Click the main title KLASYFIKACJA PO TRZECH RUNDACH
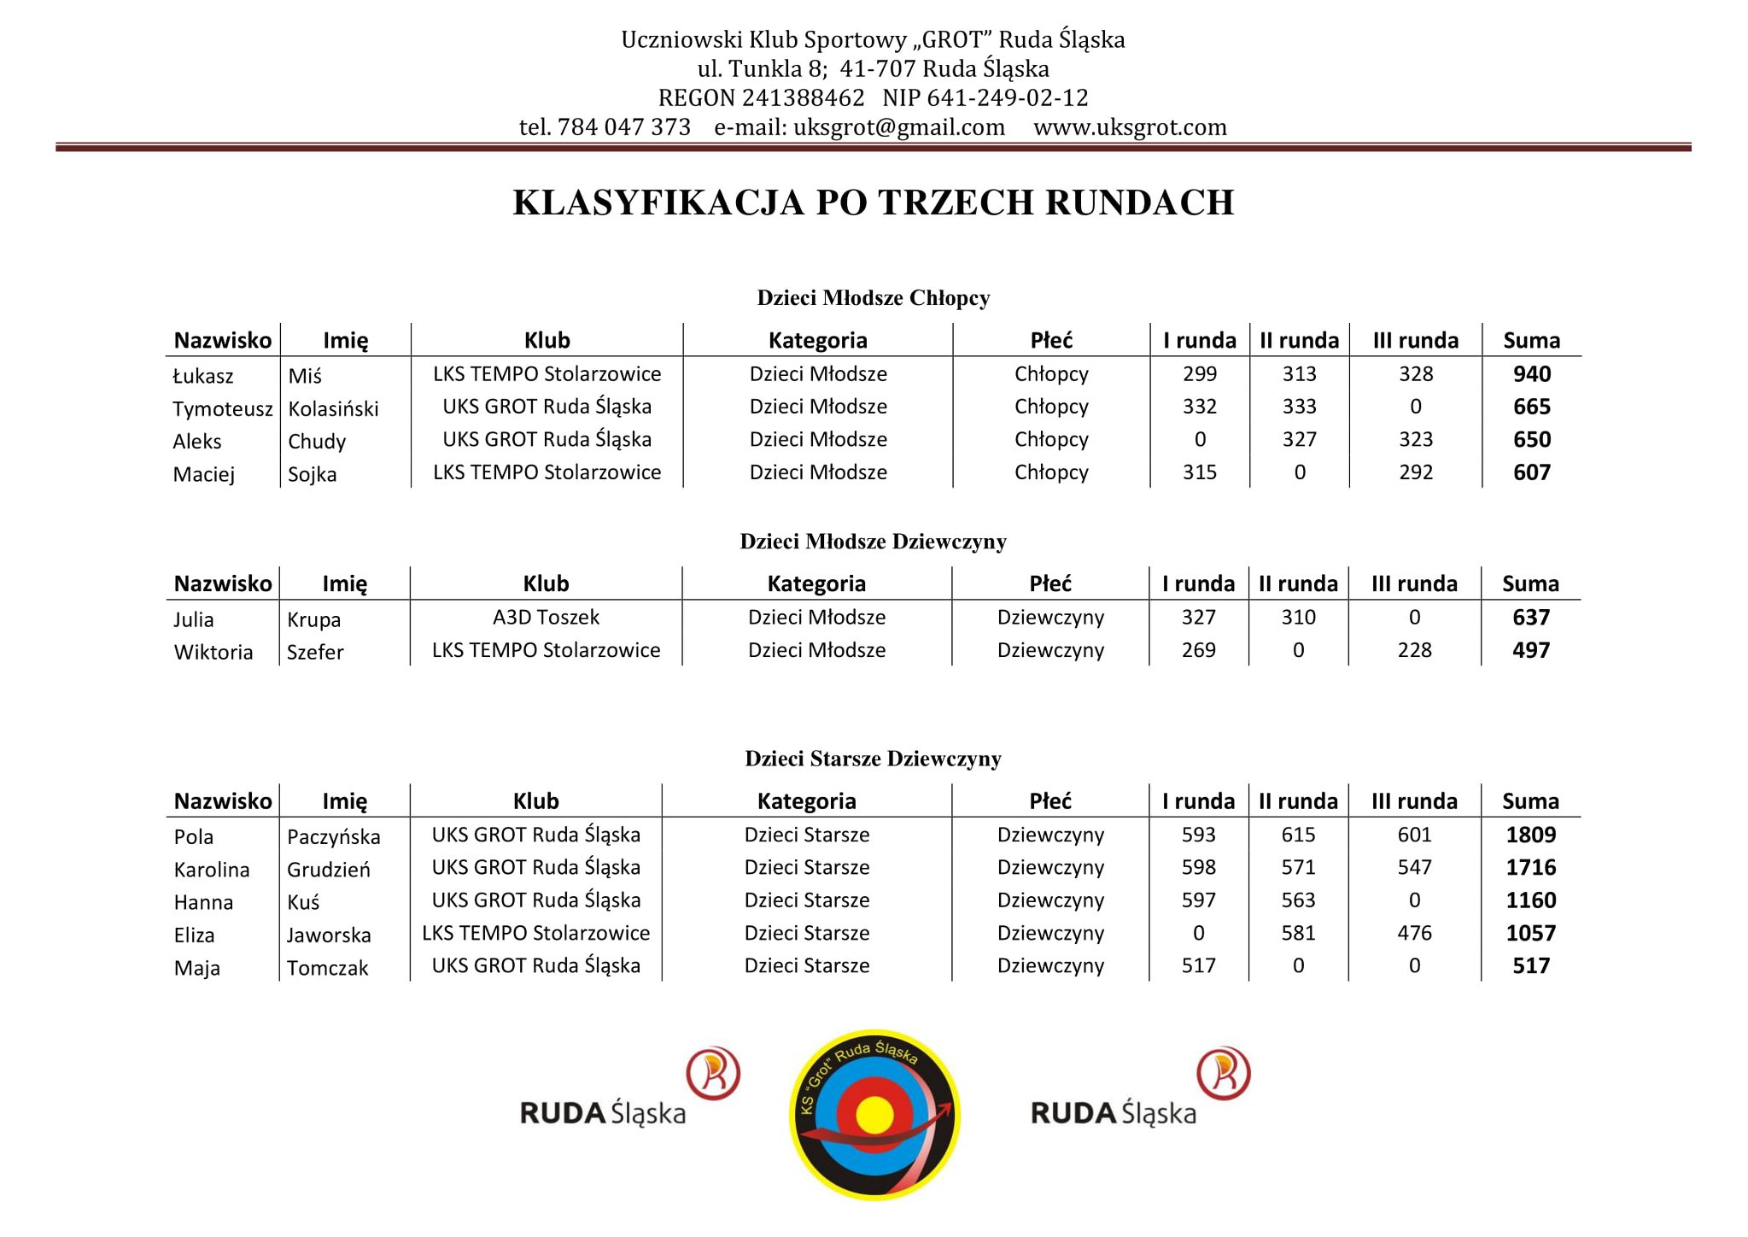[873, 202]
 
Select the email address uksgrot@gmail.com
[898, 127]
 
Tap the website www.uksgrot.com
[1129, 127]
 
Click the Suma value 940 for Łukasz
[1531, 374]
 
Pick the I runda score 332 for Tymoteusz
[1199, 407]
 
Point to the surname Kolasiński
[333, 409]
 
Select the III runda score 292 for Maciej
[1415, 472]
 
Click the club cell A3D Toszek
[546, 617]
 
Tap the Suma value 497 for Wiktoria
[1530, 650]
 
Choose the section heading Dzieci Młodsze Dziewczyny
[873, 542]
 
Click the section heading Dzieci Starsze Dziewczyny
[873, 759]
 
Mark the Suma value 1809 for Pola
[1530, 835]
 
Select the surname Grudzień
[328, 870]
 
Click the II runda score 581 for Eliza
[1298, 933]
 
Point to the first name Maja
[196, 968]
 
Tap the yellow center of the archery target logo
[874, 1114]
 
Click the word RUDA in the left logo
[562, 1113]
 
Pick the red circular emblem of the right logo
[1223, 1073]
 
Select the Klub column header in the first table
[547, 341]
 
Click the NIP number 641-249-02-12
[1007, 98]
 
